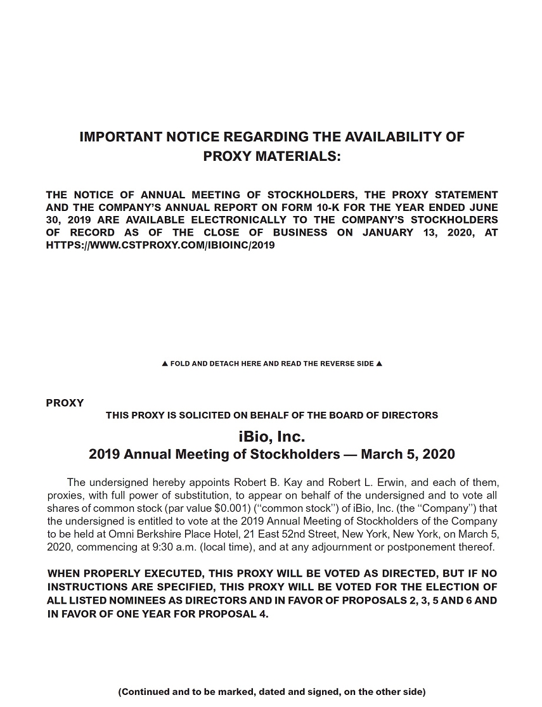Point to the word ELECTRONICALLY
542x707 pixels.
[238, 220]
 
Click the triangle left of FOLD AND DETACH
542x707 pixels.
[165, 364]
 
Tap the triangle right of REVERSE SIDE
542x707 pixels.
[379, 364]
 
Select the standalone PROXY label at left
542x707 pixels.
[65, 403]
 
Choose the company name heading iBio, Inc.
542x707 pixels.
[271, 436]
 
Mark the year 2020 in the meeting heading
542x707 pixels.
[438, 454]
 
